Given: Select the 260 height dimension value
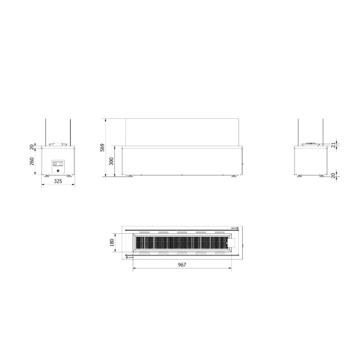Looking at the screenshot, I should click(x=32, y=162).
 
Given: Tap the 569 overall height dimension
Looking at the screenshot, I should click(x=102, y=147).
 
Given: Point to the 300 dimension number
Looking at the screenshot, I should click(x=111, y=162).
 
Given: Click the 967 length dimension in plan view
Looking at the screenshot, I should click(x=181, y=265).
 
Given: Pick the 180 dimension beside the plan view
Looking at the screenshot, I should click(x=112, y=242).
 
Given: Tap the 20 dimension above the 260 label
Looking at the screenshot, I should click(x=32, y=147).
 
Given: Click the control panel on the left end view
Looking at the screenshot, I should click(x=58, y=163).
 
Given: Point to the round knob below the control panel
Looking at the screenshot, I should click(x=58, y=171).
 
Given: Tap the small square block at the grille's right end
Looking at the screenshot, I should click(x=232, y=243).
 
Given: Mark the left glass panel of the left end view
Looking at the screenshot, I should click(x=46, y=132).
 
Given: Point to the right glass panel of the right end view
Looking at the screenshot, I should click(x=323, y=132).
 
